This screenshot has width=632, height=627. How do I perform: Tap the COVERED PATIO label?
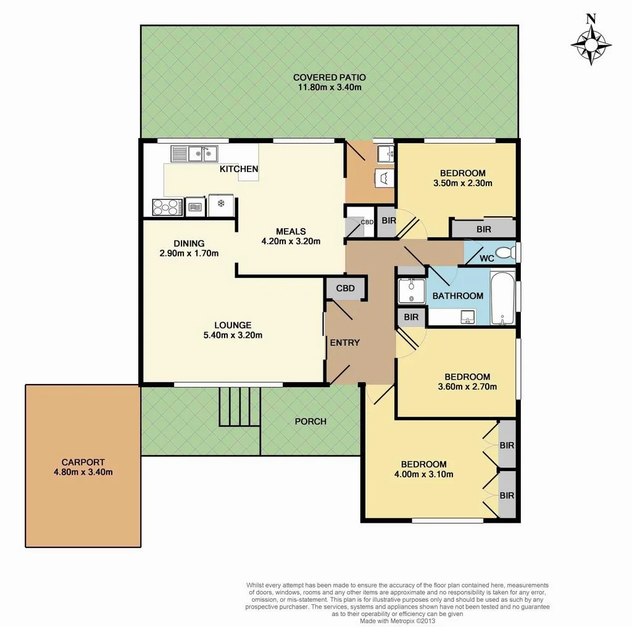[x=329, y=78]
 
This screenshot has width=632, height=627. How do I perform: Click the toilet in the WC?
[x=506, y=253]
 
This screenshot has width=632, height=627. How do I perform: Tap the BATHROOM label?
[x=457, y=296]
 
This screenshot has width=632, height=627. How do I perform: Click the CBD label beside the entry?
[x=345, y=289]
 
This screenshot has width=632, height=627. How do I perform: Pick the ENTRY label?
[x=344, y=343]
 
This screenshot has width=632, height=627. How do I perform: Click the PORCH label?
[x=310, y=422]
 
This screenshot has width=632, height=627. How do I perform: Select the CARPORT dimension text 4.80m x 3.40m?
[x=83, y=472]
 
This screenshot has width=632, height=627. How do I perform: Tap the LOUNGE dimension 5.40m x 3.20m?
[x=233, y=335]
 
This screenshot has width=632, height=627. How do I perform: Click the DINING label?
[x=188, y=244]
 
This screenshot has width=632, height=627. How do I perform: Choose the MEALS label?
[x=291, y=232]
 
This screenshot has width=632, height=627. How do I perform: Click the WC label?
[x=486, y=258]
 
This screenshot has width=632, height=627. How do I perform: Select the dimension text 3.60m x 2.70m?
[x=467, y=387]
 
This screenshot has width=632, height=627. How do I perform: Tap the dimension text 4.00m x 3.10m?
[x=423, y=474]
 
